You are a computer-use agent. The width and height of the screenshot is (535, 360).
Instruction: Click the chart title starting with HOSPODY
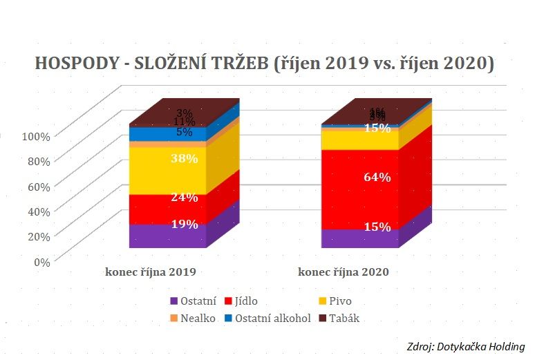click(265, 64)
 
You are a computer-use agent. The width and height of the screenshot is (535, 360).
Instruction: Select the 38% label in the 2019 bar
click(185, 158)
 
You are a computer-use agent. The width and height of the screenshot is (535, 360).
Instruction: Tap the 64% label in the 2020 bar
click(377, 177)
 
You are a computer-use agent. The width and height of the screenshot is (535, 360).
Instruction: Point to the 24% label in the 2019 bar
click(185, 197)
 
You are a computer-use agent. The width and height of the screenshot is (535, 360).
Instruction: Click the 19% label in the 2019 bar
click(185, 224)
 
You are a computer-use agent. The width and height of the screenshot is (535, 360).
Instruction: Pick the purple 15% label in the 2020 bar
click(377, 227)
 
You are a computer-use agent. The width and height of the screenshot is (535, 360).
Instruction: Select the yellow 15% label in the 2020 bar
click(377, 128)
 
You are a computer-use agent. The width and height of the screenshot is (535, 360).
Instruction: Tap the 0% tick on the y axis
click(41, 261)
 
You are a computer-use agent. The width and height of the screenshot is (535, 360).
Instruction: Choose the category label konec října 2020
click(344, 272)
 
